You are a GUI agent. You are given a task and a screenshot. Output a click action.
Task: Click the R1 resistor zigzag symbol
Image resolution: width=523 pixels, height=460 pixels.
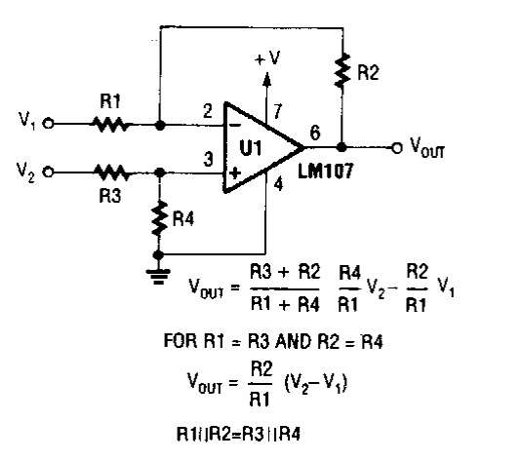click(110, 124)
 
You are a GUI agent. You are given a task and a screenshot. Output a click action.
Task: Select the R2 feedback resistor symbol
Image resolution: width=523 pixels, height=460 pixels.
click(342, 70)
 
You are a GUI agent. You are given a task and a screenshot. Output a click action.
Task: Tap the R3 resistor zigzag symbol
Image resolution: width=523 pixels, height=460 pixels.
click(111, 172)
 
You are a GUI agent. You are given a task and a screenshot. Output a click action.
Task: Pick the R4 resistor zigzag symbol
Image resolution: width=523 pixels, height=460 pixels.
click(159, 218)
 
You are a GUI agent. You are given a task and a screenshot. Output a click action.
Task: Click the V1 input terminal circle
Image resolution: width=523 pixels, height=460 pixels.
click(49, 124)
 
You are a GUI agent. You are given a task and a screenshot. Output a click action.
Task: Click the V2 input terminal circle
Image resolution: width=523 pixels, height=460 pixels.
click(49, 172)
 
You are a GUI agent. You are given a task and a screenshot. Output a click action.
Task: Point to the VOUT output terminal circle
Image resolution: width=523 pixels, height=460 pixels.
click(396, 147)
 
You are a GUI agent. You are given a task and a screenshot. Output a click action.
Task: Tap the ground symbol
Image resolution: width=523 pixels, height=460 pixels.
click(158, 277)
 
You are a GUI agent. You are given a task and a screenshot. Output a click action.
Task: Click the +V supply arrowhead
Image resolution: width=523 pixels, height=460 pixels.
click(266, 79)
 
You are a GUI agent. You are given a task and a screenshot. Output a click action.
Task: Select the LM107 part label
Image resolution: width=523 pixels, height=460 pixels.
click(325, 172)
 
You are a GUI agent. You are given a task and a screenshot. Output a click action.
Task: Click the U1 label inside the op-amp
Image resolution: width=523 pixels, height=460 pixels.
click(251, 147)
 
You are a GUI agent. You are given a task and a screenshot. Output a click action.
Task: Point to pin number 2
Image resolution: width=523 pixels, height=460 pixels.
click(208, 111)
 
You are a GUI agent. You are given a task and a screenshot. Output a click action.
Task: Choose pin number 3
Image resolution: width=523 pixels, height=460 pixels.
click(208, 159)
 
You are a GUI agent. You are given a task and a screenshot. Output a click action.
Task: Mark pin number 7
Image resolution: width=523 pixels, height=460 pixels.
click(277, 111)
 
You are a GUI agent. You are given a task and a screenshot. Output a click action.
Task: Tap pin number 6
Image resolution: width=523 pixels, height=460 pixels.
click(315, 132)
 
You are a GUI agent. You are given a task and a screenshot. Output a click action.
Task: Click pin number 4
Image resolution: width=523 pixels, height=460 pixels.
click(278, 184)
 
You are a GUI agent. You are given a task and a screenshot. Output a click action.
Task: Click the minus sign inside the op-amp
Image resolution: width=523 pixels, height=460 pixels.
click(235, 126)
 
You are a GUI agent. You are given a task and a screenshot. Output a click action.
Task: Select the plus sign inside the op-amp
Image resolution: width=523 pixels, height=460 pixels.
click(235, 172)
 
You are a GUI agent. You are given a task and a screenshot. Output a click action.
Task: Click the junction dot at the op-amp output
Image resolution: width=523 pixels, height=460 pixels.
click(342, 147)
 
